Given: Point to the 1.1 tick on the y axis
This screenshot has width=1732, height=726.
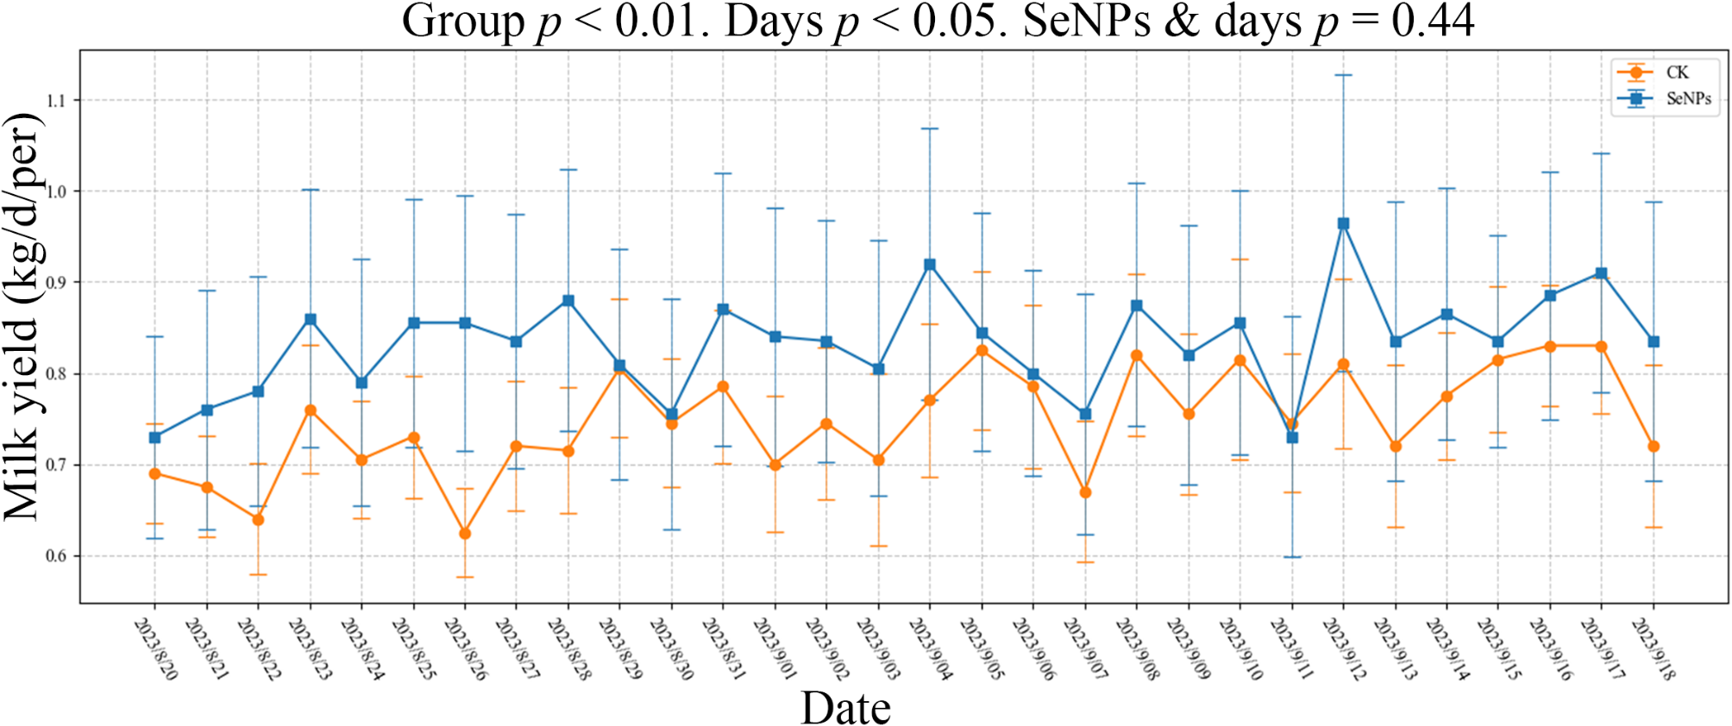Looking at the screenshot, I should (56, 101).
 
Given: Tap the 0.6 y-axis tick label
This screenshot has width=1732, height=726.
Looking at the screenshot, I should (56, 556).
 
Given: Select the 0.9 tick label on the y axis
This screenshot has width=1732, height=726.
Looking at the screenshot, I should (56, 283).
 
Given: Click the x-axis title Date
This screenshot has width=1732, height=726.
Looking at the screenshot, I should (845, 708).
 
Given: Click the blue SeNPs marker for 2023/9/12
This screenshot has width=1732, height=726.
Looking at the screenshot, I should (1343, 223).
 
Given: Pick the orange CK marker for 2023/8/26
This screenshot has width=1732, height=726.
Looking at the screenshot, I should (465, 534).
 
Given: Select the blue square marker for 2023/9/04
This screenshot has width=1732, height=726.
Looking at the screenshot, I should (930, 265).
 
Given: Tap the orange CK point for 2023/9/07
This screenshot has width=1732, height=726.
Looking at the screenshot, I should (1085, 492).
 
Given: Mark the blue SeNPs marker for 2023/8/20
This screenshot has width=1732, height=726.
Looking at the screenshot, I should (155, 437).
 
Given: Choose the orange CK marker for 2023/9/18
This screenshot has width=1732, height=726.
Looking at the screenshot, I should (1654, 447).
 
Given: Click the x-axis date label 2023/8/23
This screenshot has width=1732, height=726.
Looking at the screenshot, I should (311, 648).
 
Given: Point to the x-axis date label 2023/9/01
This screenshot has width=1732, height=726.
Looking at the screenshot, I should (775, 648).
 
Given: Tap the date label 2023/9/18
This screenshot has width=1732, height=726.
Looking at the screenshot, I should (1654, 648).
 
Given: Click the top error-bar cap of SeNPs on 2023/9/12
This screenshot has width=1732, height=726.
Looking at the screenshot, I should (1343, 75).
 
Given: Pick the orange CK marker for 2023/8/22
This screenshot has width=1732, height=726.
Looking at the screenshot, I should (258, 520).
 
